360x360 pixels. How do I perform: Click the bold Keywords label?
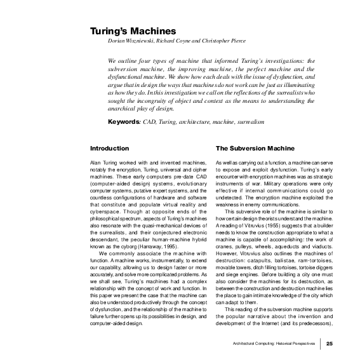pos(124,121)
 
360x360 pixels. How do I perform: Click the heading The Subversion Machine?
pos(251,149)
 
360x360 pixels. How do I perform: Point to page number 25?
pos(330,344)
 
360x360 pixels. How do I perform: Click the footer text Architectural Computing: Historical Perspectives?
pos(273,344)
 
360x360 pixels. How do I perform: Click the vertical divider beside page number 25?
pos(321,344)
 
